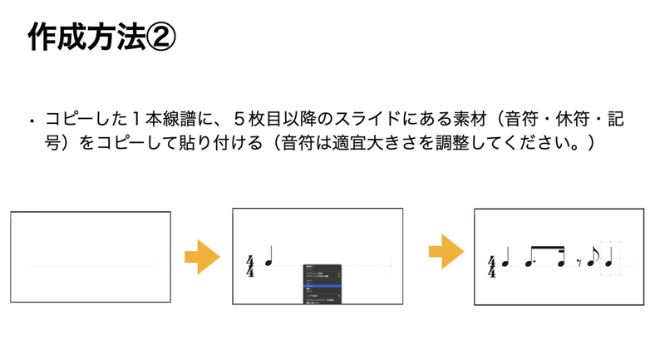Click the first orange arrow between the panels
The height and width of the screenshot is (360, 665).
pyautogui.click(x=201, y=257)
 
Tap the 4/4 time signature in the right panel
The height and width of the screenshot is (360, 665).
pyautogui.click(x=491, y=267)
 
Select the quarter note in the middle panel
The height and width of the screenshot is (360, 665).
pyautogui.click(x=269, y=258)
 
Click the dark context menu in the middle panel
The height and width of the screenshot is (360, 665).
pyautogui.click(x=322, y=284)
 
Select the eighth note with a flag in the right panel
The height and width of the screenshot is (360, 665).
pyautogui.click(x=593, y=259)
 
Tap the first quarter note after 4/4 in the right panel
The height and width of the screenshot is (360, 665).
pyautogui.click(x=506, y=261)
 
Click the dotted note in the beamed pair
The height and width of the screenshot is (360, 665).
pyautogui.click(x=530, y=263)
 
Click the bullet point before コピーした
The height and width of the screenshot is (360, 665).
pyautogui.click(x=32, y=121)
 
